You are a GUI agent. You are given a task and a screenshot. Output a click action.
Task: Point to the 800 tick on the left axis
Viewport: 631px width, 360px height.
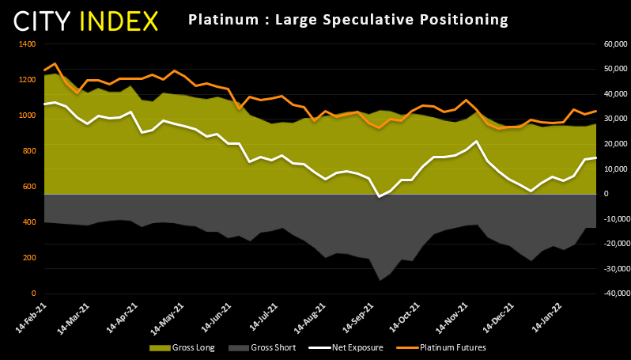pyautogui.click(x=28, y=151)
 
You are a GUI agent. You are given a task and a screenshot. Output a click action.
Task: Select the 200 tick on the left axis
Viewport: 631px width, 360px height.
pyautogui.click(x=28, y=258)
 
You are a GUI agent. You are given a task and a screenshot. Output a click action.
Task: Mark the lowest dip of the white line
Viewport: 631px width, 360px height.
pyautogui.click(x=380, y=196)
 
